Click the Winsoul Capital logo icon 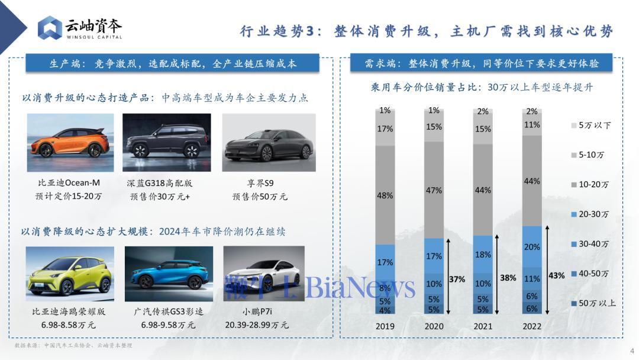point(50,28)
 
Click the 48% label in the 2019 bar point(385,195)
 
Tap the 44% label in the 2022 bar point(532,181)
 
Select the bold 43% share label point(556,275)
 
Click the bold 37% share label point(456,278)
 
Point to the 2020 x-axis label point(434,326)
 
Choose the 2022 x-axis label point(532,326)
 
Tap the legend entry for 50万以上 point(596,303)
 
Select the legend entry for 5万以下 point(593,126)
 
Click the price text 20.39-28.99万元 point(257,325)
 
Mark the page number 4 point(631,349)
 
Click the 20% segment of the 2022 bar point(532,246)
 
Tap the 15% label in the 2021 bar point(483,129)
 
